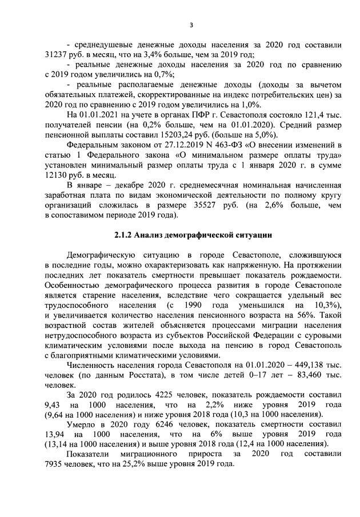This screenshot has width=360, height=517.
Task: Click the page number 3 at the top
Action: (191, 25)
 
